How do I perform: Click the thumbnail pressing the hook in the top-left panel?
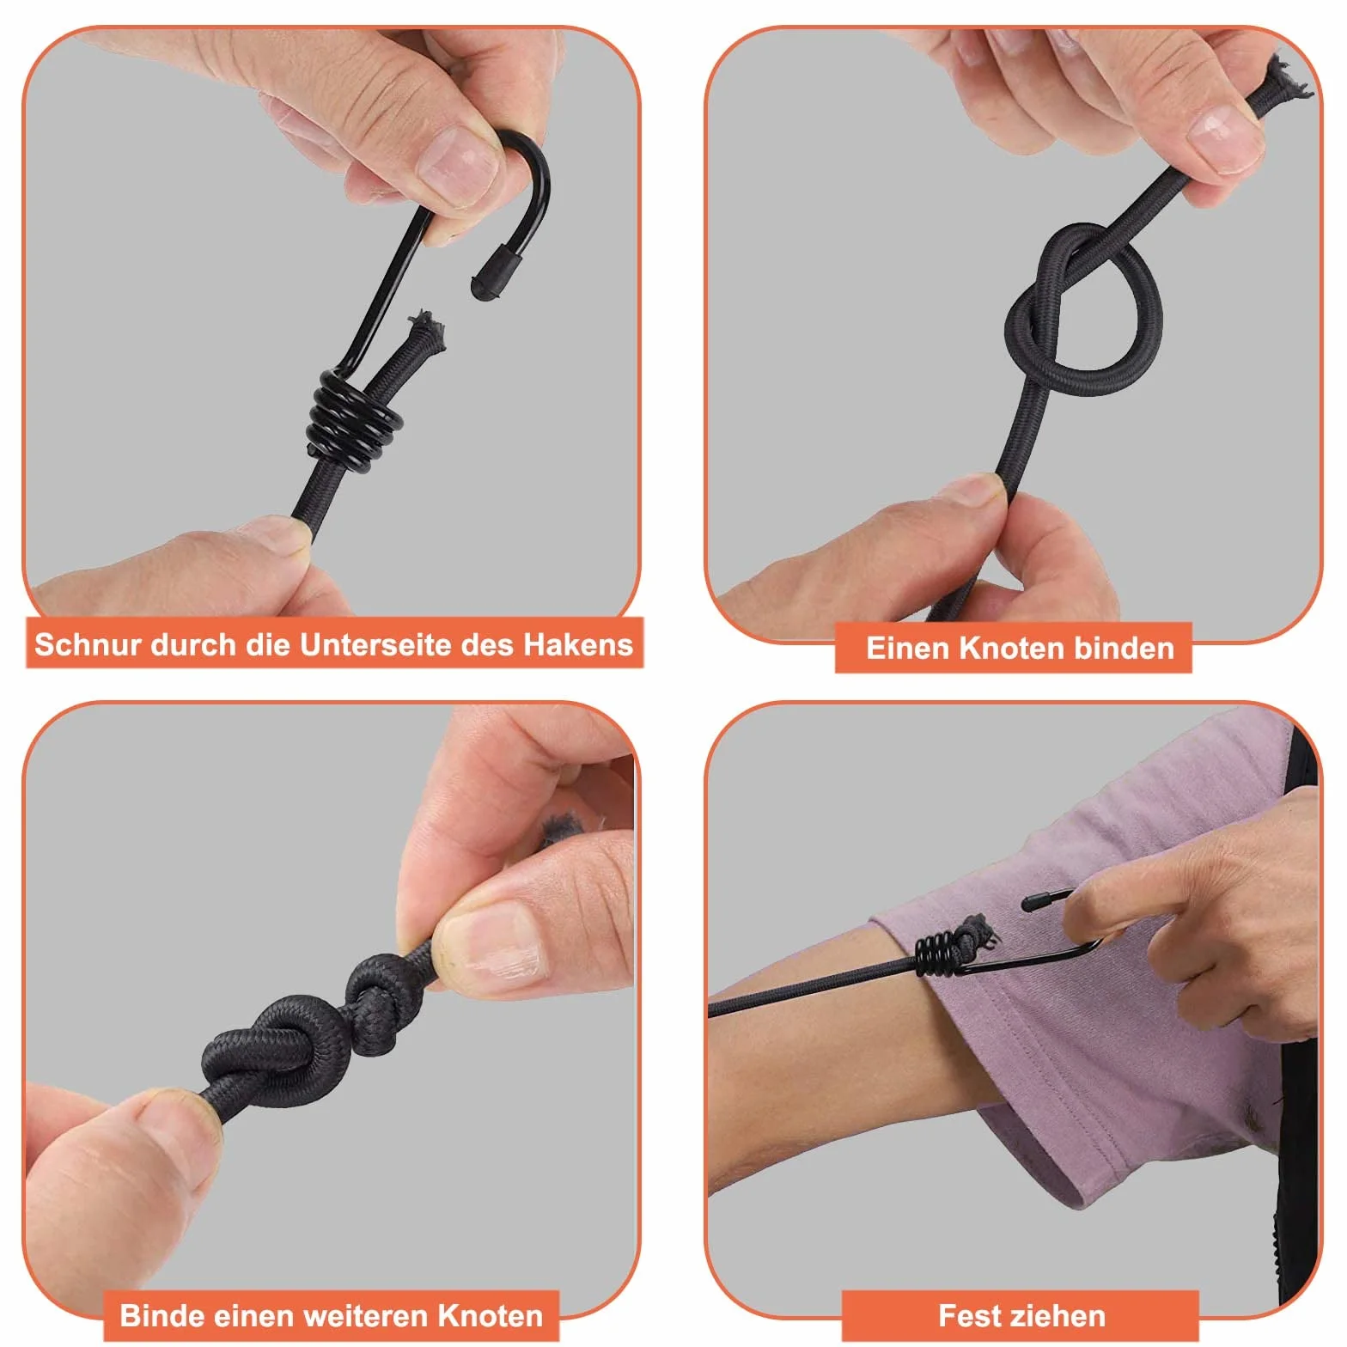pyautogui.click(x=459, y=166)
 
